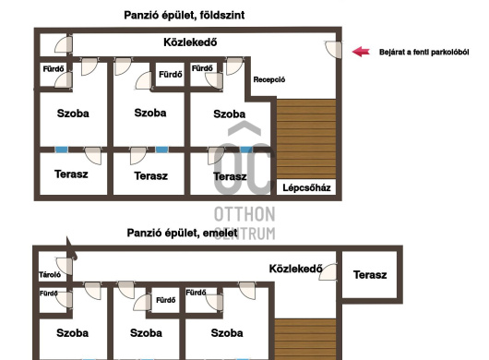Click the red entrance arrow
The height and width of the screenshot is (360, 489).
coord(361,52)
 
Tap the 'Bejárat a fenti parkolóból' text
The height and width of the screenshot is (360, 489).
coord(423,52)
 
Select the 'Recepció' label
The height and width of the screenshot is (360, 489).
coord(269,79)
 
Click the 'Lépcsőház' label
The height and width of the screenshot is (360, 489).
coord(306,187)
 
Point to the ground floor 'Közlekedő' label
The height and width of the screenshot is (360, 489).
coord(190,42)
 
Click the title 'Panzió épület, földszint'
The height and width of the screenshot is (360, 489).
coord(185,15)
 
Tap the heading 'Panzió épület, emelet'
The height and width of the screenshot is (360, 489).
coord(182,233)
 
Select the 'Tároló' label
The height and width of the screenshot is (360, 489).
coord(50,275)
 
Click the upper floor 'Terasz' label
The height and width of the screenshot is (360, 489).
coord(370,275)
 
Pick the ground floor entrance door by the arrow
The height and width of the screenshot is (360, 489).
coord(333,49)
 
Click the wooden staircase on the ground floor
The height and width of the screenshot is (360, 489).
coord(306,139)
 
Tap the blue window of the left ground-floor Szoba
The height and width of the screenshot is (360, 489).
coord(62,150)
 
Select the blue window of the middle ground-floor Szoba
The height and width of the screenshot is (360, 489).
coord(161,150)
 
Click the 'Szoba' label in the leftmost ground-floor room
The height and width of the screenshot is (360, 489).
coord(73,114)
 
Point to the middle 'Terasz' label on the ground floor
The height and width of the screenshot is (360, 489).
coord(151,176)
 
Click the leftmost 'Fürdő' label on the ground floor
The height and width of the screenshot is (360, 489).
coord(54,68)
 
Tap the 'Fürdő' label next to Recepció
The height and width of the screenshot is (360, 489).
coord(202,68)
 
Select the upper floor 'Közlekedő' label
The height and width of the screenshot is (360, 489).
coord(295,269)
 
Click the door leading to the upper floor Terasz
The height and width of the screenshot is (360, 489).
coord(328,272)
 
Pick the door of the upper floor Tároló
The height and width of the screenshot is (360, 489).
coord(64,266)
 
